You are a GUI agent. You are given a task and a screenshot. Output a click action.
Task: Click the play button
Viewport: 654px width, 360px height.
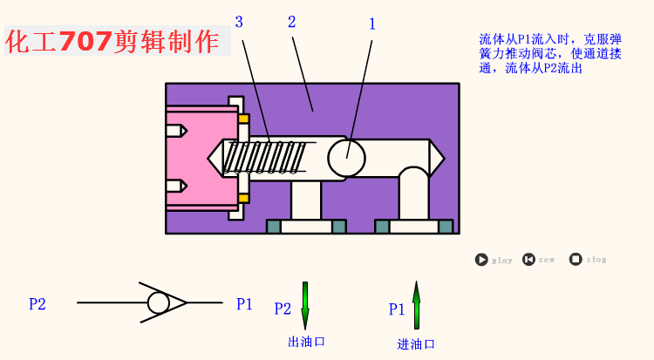pyautogui.click(x=481, y=259)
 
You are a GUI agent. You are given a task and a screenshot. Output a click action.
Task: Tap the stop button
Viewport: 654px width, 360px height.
pyautogui.click(x=576, y=259)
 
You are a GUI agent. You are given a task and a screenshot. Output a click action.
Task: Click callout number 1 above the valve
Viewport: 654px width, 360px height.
pyautogui.click(x=372, y=24)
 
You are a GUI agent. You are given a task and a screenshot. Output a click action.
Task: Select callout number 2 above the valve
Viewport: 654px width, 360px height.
pyautogui.click(x=291, y=21)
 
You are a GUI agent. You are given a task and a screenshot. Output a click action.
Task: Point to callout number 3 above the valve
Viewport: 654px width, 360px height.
pyautogui.click(x=239, y=21)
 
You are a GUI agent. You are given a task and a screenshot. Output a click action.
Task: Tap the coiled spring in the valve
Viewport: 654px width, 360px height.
pyautogui.click(x=266, y=158)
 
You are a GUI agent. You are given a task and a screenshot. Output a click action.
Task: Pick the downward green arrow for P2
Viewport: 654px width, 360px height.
pyautogui.click(x=305, y=304)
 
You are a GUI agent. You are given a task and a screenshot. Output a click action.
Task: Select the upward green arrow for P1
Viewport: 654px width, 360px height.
pyautogui.click(x=416, y=304)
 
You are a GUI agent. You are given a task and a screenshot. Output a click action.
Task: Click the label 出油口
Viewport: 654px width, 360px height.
pyautogui.click(x=306, y=342)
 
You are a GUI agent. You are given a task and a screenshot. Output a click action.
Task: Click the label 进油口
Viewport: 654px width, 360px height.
pyautogui.click(x=416, y=344)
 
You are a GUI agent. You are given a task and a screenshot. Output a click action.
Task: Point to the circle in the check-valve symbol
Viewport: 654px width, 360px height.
pyautogui.click(x=159, y=302)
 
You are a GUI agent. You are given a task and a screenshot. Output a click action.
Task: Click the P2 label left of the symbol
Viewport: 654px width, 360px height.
pyautogui.click(x=37, y=304)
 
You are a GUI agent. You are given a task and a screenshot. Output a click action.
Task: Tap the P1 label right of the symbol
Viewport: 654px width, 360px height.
pyautogui.click(x=245, y=304)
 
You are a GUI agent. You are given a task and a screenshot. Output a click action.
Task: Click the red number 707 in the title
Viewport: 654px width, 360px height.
pyautogui.click(x=85, y=41)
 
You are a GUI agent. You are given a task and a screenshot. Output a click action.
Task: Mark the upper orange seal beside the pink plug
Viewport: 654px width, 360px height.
pyautogui.click(x=243, y=119)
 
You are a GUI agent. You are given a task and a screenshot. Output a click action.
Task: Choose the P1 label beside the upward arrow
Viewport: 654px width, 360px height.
pyautogui.click(x=397, y=309)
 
